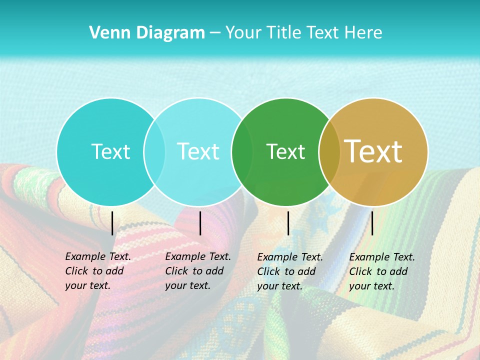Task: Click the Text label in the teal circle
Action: click(x=110, y=151)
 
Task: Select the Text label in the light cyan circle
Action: click(x=198, y=151)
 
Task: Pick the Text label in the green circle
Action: click(x=285, y=151)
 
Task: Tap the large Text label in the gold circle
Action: click(x=373, y=151)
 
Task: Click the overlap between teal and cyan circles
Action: click(x=154, y=151)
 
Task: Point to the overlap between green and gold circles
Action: click(x=329, y=151)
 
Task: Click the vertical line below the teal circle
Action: click(x=112, y=223)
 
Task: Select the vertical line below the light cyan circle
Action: click(x=200, y=223)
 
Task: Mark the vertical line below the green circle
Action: click(x=288, y=223)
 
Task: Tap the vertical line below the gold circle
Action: click(x=372, y=223)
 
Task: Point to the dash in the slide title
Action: click(x=215, y=33)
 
